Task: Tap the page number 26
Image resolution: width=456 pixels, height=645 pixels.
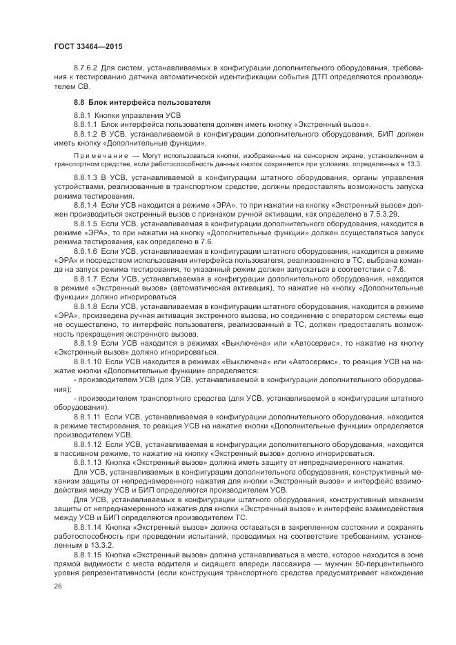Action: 57,586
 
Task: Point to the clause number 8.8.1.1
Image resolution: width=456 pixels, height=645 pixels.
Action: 85,123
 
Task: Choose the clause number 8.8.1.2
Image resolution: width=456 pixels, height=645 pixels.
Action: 85,134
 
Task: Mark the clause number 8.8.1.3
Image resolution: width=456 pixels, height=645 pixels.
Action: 85,179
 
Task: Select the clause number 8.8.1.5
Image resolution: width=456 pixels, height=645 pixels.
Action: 85,224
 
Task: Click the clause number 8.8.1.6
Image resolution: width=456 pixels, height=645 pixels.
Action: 85,251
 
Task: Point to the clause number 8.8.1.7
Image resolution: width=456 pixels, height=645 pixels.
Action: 85,278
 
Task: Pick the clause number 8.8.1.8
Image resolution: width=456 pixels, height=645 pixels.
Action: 85,305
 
